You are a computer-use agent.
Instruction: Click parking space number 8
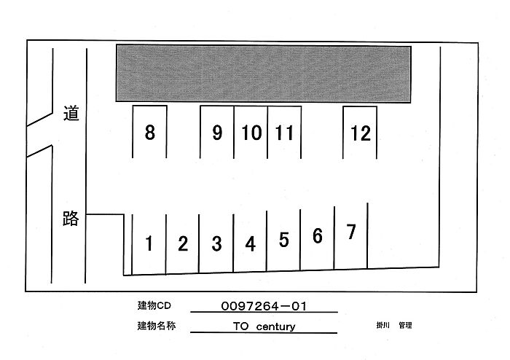tap(149, 133)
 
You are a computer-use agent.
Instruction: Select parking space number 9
tap(216, 133)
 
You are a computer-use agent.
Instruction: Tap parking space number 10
tap(251, 133)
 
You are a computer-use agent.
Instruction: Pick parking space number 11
tap(285, 133)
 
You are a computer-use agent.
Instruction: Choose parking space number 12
tap(360, 133)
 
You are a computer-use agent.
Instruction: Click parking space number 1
tap(149, 243)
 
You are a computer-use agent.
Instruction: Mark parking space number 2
tap(183, 243)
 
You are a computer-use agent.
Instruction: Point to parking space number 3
tap(216, 243)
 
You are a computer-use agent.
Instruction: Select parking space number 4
tap(251, 243)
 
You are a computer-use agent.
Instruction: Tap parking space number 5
tap(284, 240)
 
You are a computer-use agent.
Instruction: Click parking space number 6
tap(317, 236)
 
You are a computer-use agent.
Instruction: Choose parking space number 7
tap(351, 232)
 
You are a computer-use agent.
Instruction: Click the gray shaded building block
tap(264, 73)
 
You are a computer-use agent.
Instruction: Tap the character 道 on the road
tap(70, 114)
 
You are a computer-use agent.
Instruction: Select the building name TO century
tap(264, 326)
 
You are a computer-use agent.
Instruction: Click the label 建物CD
tap(153, 306)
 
